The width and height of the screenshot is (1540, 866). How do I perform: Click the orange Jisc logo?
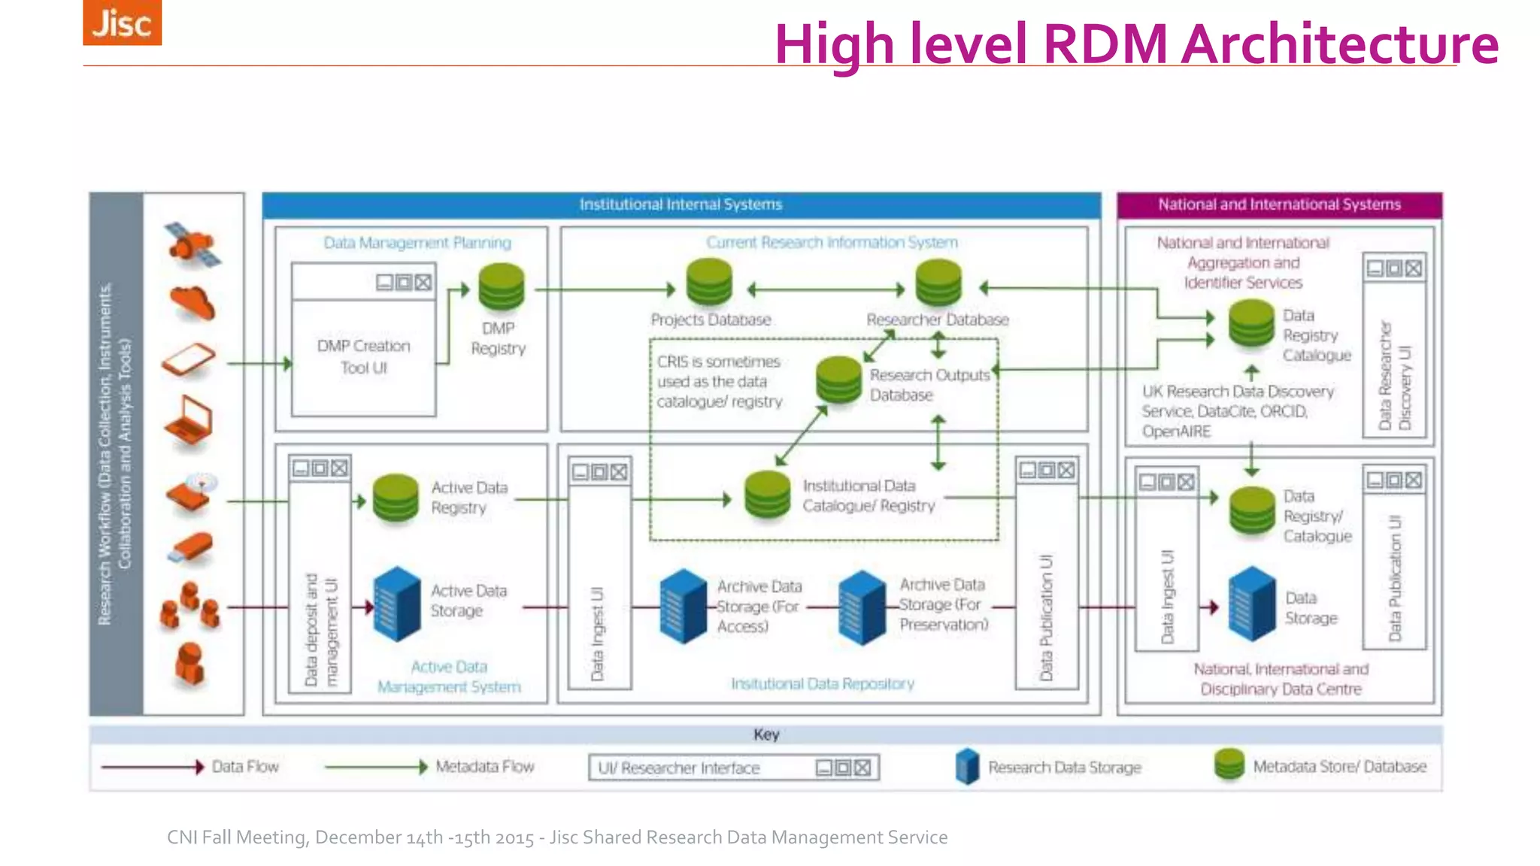(x=122, y=23)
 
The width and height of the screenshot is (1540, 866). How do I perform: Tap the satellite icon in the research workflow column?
(x=192, y=244)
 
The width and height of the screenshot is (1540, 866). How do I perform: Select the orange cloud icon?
(x=192, y=303)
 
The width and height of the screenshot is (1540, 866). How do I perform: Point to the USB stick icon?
(x=189, y=547)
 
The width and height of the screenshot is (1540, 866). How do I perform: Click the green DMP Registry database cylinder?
(x=501, y=287)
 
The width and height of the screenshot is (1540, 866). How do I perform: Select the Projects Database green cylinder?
(x=709, y=283)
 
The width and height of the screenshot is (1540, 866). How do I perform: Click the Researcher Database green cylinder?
(x=938, y=283)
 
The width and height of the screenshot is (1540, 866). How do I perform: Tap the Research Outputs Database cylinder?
(x=838, y=380)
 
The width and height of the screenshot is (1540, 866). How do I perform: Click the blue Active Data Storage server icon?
(x=397, y=604)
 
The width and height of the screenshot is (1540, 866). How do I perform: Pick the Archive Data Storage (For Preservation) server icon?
(x=862, y=607)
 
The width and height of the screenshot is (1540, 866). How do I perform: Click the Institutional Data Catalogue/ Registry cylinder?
(x=767, y=495)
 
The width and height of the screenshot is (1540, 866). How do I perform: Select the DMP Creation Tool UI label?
(x=364, y=356)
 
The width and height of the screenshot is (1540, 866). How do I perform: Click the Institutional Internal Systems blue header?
(x=681, y=204)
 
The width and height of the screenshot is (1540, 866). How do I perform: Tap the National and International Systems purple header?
(x=1279, y=204)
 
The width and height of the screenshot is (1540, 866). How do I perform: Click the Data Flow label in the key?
(x=245, y=767)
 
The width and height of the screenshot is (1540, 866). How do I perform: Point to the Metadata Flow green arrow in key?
(x=376, y=767)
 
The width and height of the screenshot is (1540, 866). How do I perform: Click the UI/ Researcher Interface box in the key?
(x=733, y=768)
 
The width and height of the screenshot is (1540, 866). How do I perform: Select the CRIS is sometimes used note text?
(x=720, y=382)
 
